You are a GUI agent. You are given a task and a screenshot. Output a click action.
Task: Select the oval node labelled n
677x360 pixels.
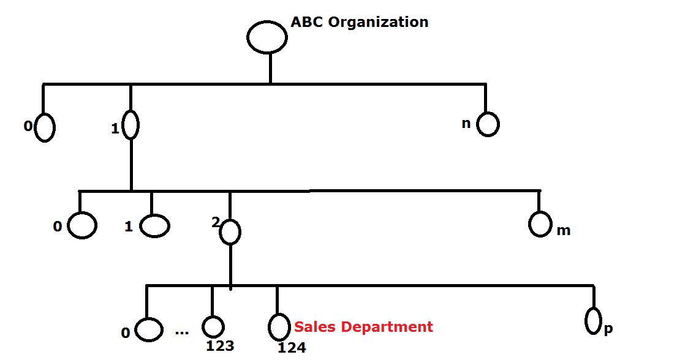(488, 125)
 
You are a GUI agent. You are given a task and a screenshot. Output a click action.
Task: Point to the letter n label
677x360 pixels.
(466, 123)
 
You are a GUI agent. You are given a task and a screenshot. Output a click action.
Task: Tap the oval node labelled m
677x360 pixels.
(540, 224)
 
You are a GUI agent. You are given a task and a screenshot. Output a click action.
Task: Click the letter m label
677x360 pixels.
(563, 230)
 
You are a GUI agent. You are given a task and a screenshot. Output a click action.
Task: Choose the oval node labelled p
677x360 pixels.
(592, 321)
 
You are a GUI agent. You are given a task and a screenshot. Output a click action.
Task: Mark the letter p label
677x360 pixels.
(608, 329)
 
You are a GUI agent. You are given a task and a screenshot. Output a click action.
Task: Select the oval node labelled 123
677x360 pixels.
(213, 327)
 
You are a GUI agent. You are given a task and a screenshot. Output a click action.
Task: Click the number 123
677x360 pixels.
(220, 346)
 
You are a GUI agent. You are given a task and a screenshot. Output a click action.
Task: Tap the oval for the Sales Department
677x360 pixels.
(278, 327)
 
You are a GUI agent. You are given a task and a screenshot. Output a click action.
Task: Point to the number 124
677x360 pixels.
(292, 348)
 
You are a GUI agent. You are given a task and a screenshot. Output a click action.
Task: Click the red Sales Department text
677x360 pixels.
(363, 327)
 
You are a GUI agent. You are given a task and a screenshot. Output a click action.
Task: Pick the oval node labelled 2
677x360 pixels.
(230, 232)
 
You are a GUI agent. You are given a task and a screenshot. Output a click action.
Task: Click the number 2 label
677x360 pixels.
(215, 222)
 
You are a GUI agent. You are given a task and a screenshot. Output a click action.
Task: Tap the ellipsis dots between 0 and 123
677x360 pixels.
(182, 332)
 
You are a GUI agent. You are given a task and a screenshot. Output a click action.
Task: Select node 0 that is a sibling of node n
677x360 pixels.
(45, 128)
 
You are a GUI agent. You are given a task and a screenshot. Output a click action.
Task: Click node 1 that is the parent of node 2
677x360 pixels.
(130, 125)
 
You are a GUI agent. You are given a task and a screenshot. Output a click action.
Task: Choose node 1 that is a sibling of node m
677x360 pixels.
(154, 226)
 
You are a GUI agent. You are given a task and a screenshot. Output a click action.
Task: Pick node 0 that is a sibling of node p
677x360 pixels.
(148, 330)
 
